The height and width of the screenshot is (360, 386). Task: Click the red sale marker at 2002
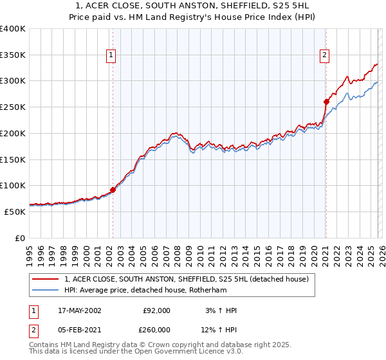pos(113,190)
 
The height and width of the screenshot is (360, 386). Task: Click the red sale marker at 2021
pos(326,102)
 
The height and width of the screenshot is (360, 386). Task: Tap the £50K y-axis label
pos(15,212)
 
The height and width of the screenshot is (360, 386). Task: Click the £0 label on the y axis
pos(19,238)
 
